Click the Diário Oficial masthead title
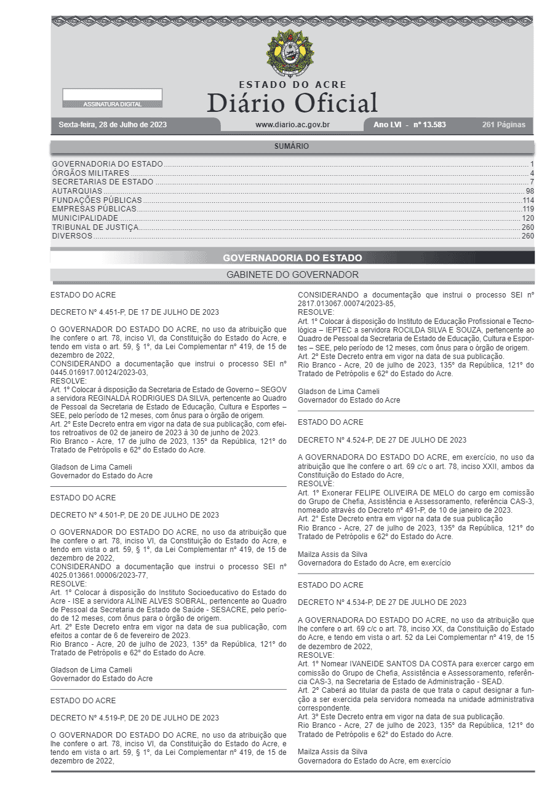tap(292, 103)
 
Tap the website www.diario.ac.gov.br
tap(292, 125)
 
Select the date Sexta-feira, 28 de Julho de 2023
tap(113, 125)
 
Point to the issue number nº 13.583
tap(429, 125)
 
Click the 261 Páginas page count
tap(504, 125)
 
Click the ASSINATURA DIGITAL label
tap(112, 105)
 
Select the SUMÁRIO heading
tap(292, 146)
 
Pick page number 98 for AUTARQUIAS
tap(529, 191)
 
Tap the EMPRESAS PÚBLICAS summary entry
tap(94, 209)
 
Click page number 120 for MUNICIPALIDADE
tap(528, 218)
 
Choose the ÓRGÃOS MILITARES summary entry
tap(90, 173)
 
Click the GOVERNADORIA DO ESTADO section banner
tap(292, 258)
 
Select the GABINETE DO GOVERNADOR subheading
tap(292, 275)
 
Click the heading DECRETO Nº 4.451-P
tap(134, 312)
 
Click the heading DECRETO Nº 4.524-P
tap(381, 440)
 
